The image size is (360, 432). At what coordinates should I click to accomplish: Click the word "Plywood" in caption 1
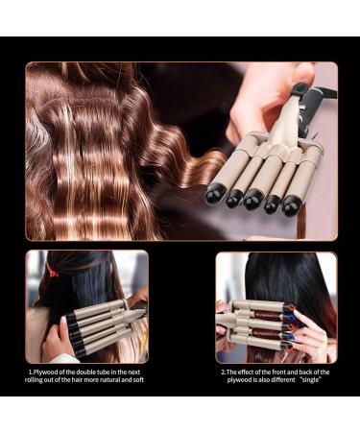click(45, 372)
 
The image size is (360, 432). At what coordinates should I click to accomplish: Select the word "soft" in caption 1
click(138, 380)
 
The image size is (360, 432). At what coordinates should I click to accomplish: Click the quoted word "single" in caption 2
click(310, 380)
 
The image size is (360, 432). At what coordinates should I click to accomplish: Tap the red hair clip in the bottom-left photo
click(52, 271)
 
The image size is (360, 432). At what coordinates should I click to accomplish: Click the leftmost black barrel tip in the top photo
click(213, 195)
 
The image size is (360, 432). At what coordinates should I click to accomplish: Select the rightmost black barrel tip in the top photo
click(291, 204)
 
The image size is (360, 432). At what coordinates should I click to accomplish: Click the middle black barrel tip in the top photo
click(253, 199)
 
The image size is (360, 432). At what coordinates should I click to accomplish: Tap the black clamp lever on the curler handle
click(300, 89)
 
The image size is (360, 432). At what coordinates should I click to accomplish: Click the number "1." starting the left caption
click(31, 372)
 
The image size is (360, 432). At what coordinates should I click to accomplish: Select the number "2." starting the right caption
click(224, 372)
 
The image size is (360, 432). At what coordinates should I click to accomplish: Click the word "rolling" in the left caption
click(36, 380)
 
